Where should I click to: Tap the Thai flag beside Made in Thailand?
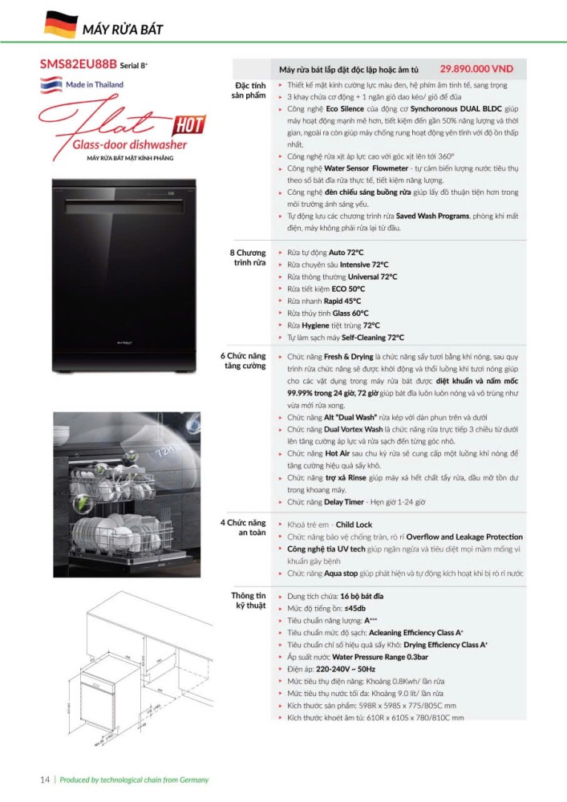coord(50,85)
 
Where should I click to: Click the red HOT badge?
coord(189,124)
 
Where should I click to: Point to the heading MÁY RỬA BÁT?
coord(123,30)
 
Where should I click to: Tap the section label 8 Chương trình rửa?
coord(247,258)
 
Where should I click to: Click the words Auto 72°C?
coord(346,253)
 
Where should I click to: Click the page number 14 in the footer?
coord(46,780)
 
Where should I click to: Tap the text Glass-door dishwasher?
coord(129,145)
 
